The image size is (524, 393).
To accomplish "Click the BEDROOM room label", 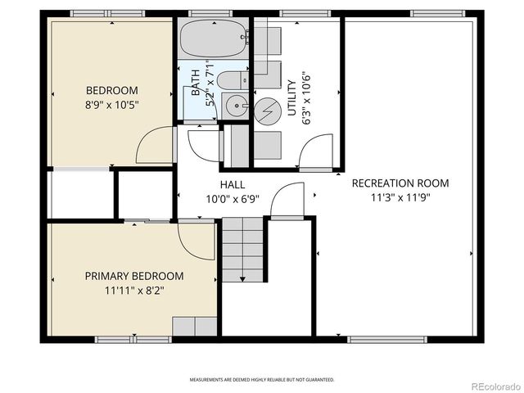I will (x=112, y=90).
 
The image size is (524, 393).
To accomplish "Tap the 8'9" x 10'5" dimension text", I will (x=112, y=105).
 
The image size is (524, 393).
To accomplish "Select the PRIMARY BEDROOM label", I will (x=134, y=276).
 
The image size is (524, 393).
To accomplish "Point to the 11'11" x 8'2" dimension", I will (x=134, y=290).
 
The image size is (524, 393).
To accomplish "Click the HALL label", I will (x=233, y=185).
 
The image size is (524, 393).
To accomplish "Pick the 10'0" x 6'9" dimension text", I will (x=233, y=199).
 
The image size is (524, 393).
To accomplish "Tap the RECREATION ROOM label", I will (x=400, y=183).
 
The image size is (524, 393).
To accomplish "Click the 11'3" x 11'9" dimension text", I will (x=400, y=197).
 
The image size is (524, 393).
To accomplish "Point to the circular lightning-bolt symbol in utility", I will (x=267, y=111).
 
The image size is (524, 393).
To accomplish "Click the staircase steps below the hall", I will (x=244, y=251).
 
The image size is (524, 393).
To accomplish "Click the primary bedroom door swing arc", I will (x=197, y=242).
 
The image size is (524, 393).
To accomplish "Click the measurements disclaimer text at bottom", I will (x=262, y=380).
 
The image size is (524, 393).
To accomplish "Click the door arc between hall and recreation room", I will (x=287, y=200).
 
